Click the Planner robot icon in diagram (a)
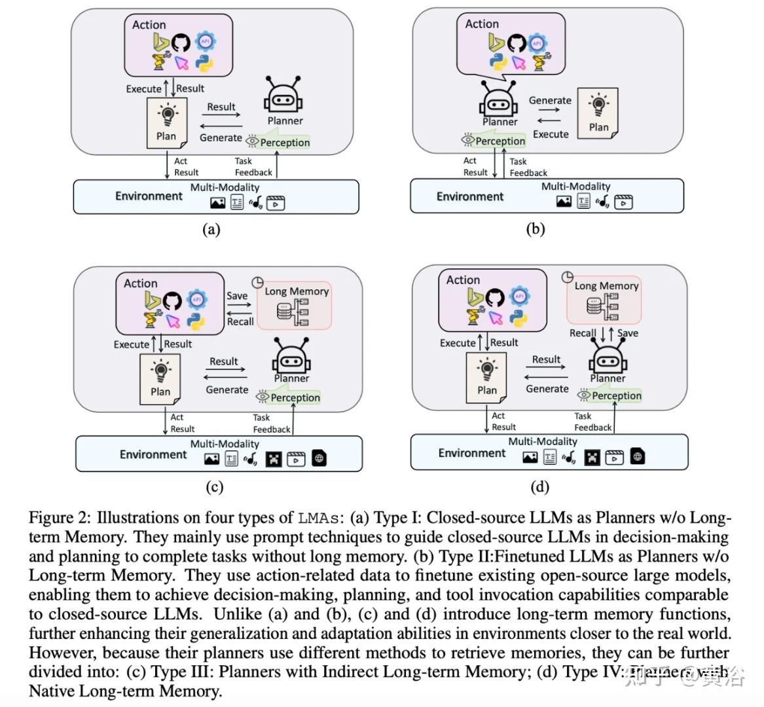(282, 98)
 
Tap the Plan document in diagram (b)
(598, 113)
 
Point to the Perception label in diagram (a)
(284, 142)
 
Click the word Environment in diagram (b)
(469, 196)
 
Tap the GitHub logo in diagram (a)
(181, 43)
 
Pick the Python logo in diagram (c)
(195, 321)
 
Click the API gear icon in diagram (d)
(519, 296)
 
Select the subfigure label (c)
(214, 486)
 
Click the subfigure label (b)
(536, 228)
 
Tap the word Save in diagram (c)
(237, 296)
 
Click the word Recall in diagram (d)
(583, 333)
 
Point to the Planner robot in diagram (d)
(608, 359)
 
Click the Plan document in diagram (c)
(160, 378)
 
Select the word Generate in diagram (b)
(550, 100)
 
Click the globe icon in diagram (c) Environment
(319, 458)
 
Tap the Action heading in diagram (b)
(482, 24)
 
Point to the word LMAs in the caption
(321, 518)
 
